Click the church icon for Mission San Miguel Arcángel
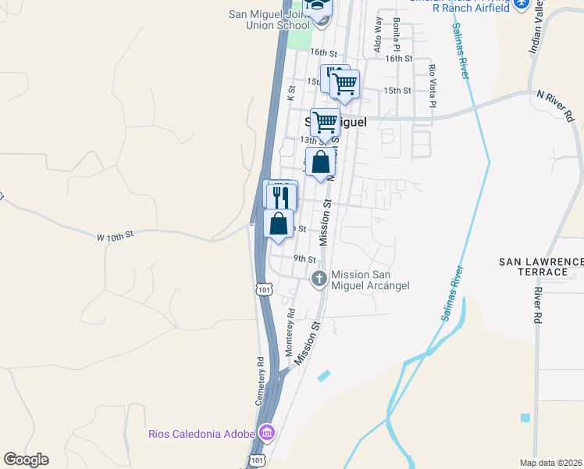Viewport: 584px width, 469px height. pyautogui.click(x=319, y=278)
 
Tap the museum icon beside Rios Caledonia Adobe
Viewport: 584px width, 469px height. pyautogui.click(x=266, y=432)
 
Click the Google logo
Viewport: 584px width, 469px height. pyautogui.click(x=26, y=460)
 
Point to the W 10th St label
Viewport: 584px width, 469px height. pyautogui.click(x=116, y=234)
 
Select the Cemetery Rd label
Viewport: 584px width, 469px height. pyautogui.click(x=261, y=381)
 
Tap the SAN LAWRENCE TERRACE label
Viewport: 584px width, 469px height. pyautogui.click(x=541, y=266)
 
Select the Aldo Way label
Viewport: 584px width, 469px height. pyautogui.click(x=378, y=36)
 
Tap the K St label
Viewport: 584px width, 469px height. pyautogui.click(x=291, y=93)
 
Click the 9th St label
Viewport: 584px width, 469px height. pyautogui.click(x=304, y=259)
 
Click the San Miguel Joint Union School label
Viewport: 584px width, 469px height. pyautogui.click(x=269, y=20)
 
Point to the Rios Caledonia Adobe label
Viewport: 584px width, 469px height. pyautogui.click(x=201, y=434)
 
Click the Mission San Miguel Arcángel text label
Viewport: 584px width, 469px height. pyautogui.click(x=370, y=280)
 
